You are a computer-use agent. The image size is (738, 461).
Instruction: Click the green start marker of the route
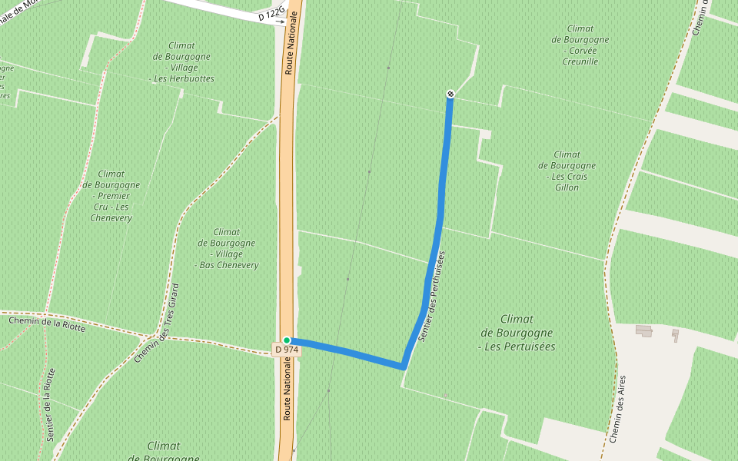click(287, 340)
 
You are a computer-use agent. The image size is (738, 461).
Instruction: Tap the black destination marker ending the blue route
click(450, 94)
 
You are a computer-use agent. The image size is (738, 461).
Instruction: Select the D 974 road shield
click(287, 350)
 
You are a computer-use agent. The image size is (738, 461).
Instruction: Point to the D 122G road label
click(271, 15)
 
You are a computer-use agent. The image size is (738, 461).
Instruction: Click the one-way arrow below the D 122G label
click(281, 22)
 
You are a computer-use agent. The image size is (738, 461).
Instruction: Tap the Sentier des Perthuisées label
click(432, 296)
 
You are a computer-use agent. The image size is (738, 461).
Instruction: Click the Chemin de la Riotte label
click(47, 323)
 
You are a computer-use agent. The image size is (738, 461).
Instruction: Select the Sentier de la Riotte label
click(51, 404)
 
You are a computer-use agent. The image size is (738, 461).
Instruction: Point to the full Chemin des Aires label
click(617, 409)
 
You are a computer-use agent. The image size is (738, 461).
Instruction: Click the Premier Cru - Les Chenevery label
click(111, 196)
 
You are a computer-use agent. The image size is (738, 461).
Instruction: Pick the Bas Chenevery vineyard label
click(227, 248)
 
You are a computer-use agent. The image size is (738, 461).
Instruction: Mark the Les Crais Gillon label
click(567, 171)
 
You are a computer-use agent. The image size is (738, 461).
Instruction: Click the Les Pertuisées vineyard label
click(517, 333)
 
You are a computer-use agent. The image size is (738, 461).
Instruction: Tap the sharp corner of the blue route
click(404, 366)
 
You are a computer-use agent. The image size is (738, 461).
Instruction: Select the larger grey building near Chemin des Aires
click(644, 330)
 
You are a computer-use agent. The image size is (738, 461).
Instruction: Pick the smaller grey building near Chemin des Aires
click(675, 334)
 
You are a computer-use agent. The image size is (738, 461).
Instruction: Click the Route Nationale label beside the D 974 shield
click(287, 392)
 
